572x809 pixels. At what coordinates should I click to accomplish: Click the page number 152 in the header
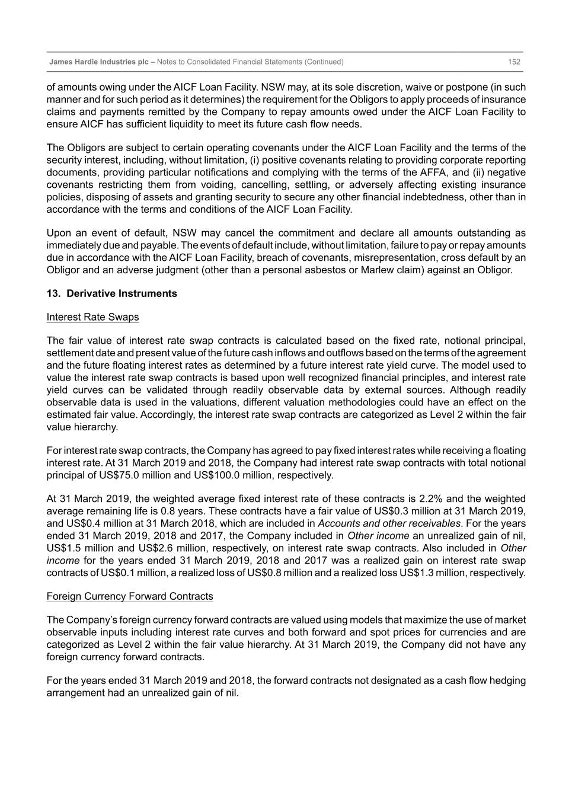click(514, 62)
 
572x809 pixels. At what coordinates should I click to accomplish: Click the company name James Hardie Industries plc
click(99, 62)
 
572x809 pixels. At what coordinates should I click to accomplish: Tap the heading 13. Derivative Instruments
click(111, 293)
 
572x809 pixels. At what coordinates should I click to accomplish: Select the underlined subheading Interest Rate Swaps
click(92, 317)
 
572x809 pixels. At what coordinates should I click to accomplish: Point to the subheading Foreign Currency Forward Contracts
click(130, 596)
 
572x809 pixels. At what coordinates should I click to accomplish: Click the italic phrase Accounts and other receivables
click(389, 523)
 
